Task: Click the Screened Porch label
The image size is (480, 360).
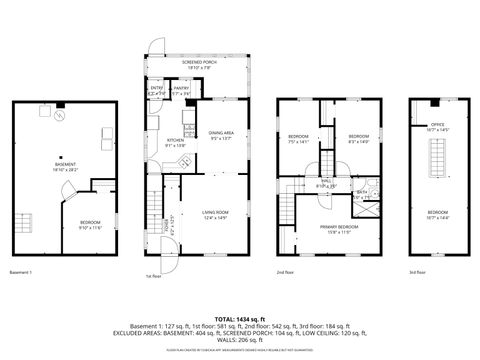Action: pos(195,64)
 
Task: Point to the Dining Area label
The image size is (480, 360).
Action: pos(221,133)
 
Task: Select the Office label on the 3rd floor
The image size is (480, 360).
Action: pos(438,127)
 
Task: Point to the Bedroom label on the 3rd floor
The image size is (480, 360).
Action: pos(438,214)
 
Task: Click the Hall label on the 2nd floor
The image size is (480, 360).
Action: pos(325,183)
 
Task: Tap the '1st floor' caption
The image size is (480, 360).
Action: pos(152,276)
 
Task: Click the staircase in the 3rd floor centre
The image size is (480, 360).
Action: pos(438,160)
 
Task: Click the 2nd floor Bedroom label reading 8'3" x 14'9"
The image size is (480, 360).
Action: pos(359,137)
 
